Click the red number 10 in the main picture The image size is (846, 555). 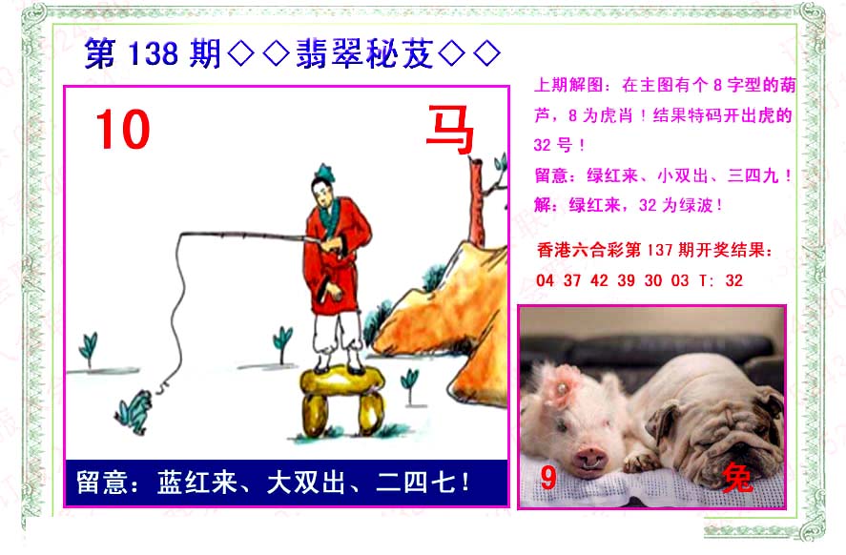click(123, 130)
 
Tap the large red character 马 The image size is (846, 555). click(449, 129)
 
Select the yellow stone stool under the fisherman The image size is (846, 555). click(341, 400)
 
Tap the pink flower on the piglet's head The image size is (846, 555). click(562, 384)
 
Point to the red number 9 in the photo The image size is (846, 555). click(547, 478)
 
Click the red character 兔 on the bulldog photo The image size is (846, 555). click(737, 478)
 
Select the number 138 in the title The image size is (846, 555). click(154, 54)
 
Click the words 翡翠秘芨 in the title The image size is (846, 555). click(364, 53)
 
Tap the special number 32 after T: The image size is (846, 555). click(733, 280)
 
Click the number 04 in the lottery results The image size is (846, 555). click(545, 280)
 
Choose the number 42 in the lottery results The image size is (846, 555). click(599, 280)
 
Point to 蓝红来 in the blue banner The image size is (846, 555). click(197, 483)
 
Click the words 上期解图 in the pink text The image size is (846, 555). click(568, 85)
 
